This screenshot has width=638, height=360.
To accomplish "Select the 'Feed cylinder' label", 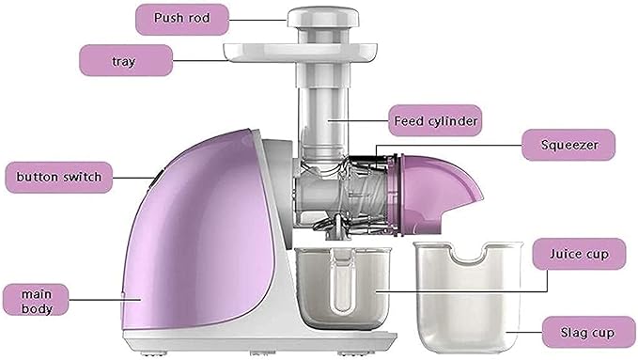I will click(x=435, y=120).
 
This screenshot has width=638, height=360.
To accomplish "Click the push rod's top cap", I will click(x=320, y=15).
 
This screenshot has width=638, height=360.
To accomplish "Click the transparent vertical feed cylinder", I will click(x=320, y=113).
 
